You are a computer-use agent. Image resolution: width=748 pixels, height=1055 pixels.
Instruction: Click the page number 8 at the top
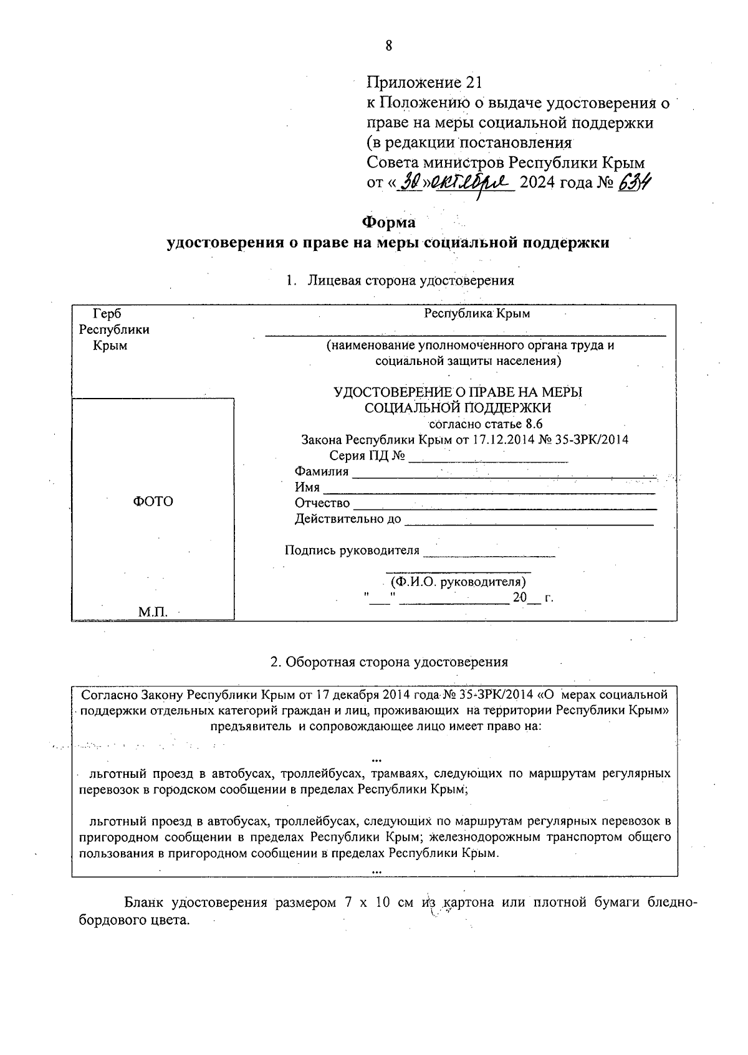click(x=388, y=46)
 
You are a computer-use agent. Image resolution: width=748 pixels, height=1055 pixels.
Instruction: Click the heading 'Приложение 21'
click(x=424, y=82)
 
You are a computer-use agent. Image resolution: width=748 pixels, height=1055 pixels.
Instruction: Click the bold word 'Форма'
click(x=388, y=222)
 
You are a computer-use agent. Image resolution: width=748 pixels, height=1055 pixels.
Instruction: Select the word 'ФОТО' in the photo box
click(x=153, y=501)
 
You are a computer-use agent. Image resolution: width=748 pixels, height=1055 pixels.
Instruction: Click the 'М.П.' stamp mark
click(x=153, y=612)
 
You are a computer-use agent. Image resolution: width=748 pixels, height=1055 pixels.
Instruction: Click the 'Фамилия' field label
click(x=321, y=471)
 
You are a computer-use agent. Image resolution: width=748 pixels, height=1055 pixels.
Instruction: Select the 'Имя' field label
click(x=307, y=487)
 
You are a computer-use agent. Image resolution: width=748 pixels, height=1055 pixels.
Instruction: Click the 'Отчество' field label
click(x=322, y=503)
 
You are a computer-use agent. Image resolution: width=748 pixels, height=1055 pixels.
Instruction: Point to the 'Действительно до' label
click(x=348, y=518)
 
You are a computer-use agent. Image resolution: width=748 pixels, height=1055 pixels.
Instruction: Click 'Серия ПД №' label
click(x=368, y=456)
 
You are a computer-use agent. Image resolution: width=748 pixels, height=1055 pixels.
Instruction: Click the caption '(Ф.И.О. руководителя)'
click(x=458, y=582)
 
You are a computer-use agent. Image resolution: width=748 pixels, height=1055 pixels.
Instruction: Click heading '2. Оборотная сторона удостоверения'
click(x=389, y=661)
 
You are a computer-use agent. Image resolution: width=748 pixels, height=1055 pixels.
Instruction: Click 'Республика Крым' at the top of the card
click(x=477, y=313)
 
